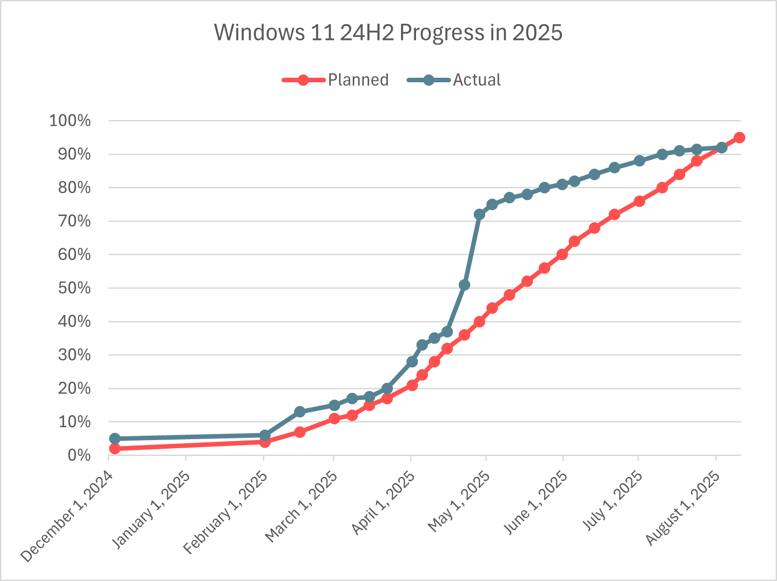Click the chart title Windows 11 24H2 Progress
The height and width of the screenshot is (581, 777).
pos(388,33)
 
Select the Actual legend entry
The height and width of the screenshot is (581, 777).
pos(455,80)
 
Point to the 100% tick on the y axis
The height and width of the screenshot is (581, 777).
pos(70,121)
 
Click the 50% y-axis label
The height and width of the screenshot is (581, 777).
pos(74,288)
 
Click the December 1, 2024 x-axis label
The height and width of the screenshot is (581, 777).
pos(66,517)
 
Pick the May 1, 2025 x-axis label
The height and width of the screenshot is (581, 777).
pos(459,502)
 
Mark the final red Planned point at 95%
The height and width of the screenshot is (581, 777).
pos(739,138)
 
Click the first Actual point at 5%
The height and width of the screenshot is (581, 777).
pos(115,439)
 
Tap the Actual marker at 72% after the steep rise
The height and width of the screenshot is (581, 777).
pos(479,215)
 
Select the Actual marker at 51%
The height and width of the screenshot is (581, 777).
pos(464,285)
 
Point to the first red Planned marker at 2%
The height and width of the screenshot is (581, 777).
pos(115,449)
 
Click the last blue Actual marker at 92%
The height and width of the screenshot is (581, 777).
pos(722,148)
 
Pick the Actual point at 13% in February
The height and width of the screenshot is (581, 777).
pos(300,412)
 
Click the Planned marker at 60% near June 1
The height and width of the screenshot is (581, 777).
pos(562,255)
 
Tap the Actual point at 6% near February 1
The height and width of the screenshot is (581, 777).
pos(265,436)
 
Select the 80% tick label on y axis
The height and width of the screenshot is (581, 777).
pos(74,188)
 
